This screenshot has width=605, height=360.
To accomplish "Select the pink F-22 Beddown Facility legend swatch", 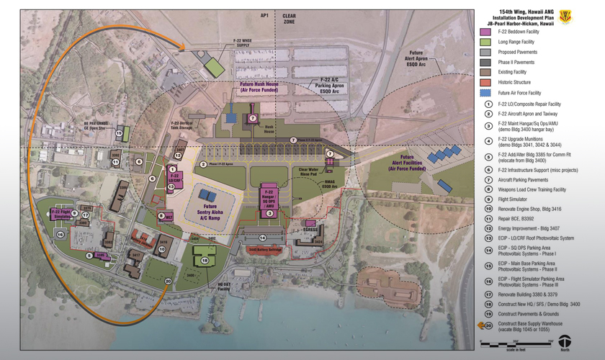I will coord(485,32).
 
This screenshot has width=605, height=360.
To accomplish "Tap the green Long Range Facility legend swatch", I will coord(485,42).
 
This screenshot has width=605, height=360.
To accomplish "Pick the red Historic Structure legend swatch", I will coord(485,83).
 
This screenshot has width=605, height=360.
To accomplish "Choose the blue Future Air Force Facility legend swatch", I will coord(485,93).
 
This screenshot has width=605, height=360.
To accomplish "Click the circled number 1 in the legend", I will coord(488,105).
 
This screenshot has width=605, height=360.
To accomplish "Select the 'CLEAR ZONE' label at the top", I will coord(289,19).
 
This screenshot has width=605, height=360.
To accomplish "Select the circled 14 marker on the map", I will coord(263,238).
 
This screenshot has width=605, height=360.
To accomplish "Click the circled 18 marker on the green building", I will coord(205,261).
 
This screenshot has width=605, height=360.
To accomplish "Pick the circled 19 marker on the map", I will coord(119,135).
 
